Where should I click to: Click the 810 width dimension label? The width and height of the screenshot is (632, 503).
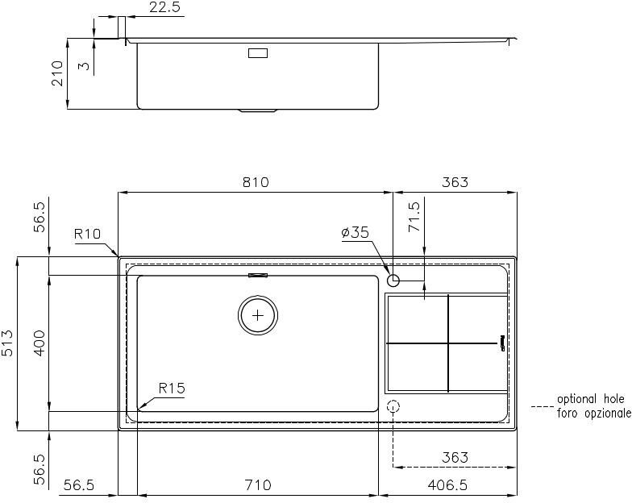(x=256, y=182)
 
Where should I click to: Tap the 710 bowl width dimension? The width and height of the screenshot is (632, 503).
(x=258, y=485)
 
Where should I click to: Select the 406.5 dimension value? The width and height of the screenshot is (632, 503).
(x=447, y=485)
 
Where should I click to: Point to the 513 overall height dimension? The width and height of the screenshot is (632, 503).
(x=8, y=343)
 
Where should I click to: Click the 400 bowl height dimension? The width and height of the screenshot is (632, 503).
(x=39, y=343)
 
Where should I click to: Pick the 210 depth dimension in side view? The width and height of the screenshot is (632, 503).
(x=57, y=73)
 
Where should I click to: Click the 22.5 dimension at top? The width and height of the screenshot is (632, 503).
(x=164, y=6)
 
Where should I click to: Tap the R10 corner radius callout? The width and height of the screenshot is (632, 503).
(x=87, y=234)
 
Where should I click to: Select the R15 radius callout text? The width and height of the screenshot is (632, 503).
(x=172, y=389)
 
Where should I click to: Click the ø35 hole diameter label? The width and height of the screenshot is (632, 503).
(x=355, y=232)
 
